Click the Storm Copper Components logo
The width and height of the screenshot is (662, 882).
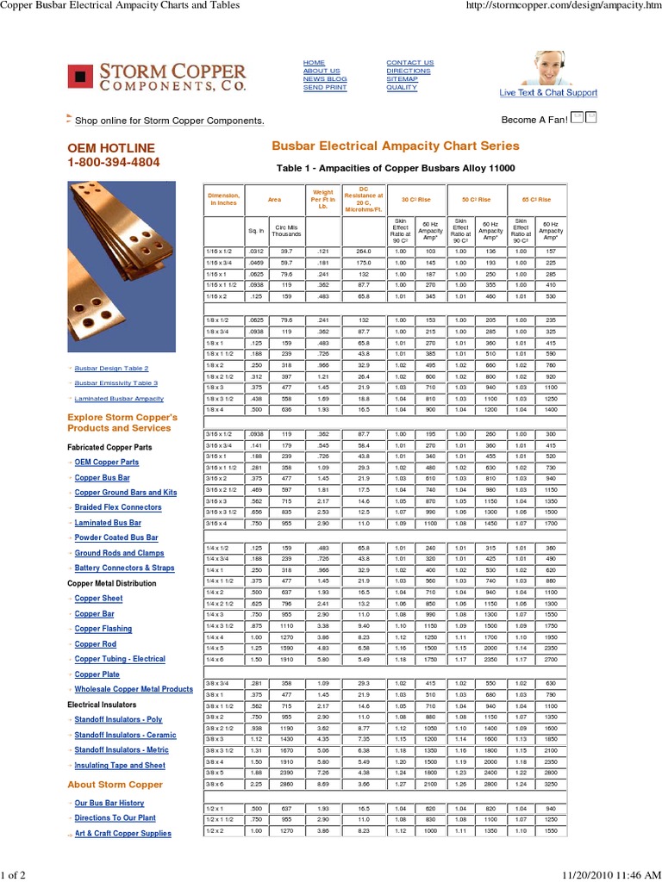[x=157, y=76]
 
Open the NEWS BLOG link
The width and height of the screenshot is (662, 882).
[x=325, y=79]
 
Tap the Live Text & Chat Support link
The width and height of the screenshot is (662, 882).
[x=548, y=93]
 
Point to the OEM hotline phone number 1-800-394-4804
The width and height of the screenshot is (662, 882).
[x=114, y=162]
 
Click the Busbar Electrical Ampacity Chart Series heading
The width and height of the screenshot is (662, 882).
[x=396, y=146]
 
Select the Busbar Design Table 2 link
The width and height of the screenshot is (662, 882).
[x=111, y=368]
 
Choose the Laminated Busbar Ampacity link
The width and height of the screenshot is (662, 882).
[x=119, y=399]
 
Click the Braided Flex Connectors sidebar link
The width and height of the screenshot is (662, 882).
[x=118, y=507]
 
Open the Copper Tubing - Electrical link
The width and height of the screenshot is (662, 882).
[x=120, y=659]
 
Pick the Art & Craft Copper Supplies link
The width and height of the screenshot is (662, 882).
[x=122, y=833]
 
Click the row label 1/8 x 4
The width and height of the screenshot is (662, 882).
[x=215, y=410]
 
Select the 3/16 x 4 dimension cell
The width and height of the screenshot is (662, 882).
[x=217, y=523]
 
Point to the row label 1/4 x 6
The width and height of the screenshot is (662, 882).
[x=215, y=659]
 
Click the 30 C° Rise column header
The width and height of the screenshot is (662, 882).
[x=416, y=199]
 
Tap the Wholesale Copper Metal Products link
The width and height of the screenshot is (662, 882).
[x=134, y=689]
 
